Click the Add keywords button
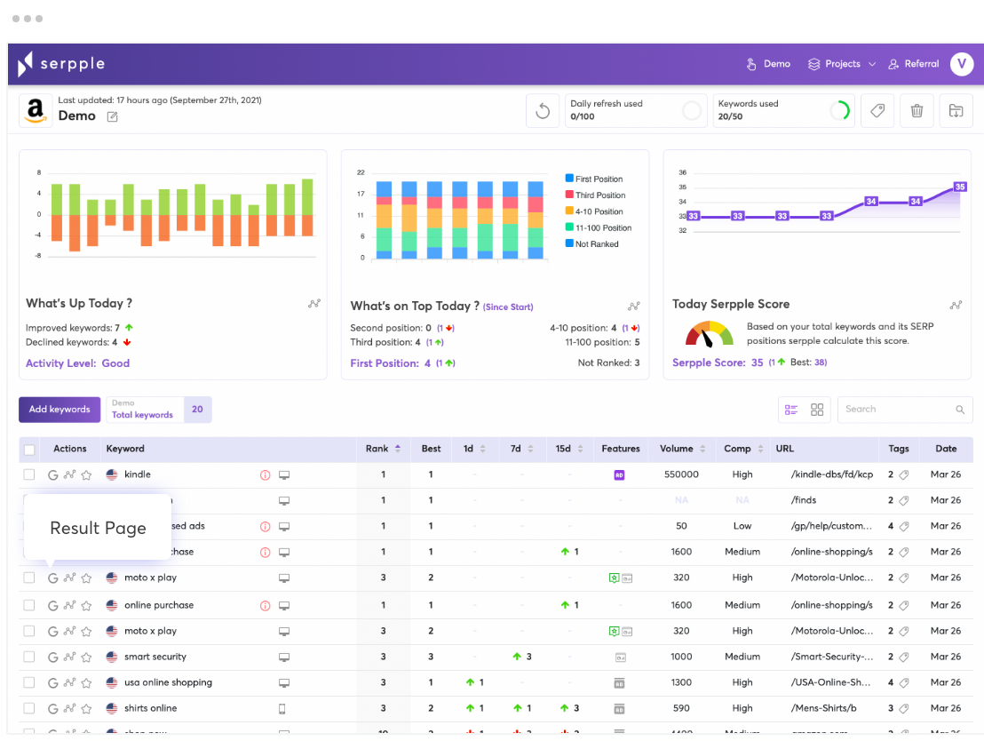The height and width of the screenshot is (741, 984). tap(60, 410)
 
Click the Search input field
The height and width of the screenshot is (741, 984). tap(897, 410)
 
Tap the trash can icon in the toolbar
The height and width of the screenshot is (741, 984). tap(917, 111)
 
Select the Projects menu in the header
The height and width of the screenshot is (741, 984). tap(841, 64)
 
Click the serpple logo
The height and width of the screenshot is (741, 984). tap(61, 64)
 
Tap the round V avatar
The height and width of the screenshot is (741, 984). tap(961, 64)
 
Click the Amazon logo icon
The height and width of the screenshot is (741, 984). tap(36, 111)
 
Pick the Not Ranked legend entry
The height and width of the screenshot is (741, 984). tap(594, 243)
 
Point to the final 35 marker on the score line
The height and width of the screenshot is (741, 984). tap(959, 187)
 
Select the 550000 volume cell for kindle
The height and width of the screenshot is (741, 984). tap(681, 474)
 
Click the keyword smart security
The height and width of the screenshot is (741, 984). tap(155, 657)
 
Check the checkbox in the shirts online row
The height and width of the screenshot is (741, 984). tap(29, 708)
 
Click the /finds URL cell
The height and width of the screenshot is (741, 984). tap(804, 500)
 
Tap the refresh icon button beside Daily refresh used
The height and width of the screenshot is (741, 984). tap(543, 112)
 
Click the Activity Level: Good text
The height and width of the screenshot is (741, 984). tap(77, 363)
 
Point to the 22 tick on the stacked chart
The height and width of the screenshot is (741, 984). tap(361, 172)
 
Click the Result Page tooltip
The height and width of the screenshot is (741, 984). tap(98, 528)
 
